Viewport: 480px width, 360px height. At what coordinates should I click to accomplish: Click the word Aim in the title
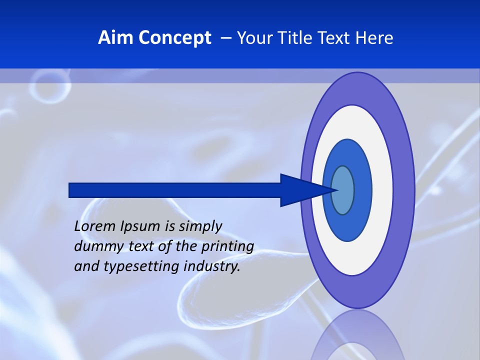coord(112,38)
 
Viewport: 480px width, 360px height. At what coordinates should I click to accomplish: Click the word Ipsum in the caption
coord(140,226)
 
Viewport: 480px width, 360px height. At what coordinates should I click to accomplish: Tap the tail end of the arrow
coord(72,190)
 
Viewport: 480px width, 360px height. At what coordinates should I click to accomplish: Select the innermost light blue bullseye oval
coord(343,190)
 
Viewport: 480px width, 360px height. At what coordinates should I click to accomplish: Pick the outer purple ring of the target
coord(404,190)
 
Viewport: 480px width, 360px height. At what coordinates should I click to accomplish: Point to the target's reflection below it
coord(358,337)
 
